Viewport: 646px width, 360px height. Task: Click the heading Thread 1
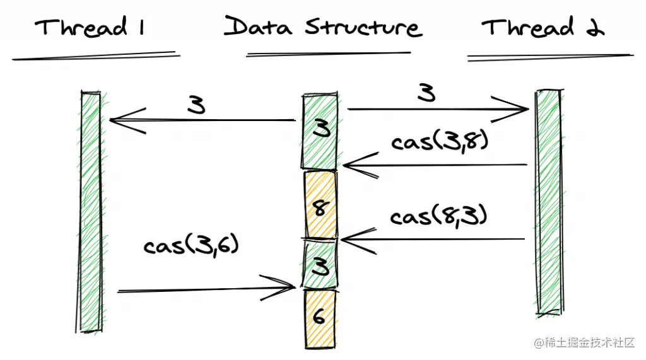pyautogui.click(x=90, y=28)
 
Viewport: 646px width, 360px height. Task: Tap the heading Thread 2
pyautogui.click(x=543, y=28)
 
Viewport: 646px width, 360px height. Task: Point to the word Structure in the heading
pyautogui.click(x=363, y=27)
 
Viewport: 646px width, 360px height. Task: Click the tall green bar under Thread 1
pyautogui.click(x=91, y=211)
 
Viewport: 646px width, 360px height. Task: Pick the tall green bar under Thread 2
pyautogui.click(x=548, y=202)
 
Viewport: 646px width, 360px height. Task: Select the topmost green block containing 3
pyautogui.click(x=320, y=131)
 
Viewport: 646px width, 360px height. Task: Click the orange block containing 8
pyautogui.click(x=320, y=206)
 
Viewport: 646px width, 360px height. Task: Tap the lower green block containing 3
pyautogui.click(x=320, y=265)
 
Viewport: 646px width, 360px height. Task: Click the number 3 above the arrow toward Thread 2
pyautogui.click(x=427, y=93)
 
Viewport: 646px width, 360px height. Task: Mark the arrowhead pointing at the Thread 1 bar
pyautogui.click(x=117, y=120)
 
